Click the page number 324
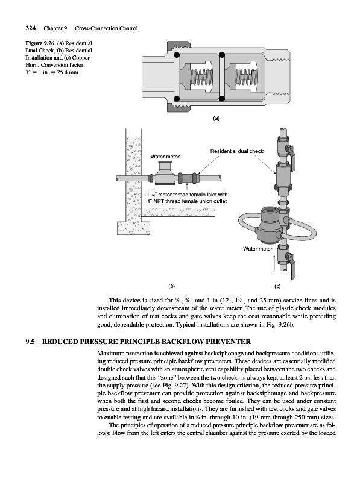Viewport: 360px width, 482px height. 31,28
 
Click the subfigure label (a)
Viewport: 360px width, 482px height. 216,118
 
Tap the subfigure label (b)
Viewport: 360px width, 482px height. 171,287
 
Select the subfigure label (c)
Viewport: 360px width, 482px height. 277,287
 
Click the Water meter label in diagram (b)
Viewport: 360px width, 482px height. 165,157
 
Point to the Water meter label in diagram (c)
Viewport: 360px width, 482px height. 257,249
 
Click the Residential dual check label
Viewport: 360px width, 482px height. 237,151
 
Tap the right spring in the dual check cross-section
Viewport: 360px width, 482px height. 244,77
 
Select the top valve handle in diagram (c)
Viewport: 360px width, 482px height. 291,155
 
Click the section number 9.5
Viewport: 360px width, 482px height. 30,342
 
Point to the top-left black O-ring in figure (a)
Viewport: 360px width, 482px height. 177,55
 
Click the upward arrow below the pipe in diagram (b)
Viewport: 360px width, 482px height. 187,187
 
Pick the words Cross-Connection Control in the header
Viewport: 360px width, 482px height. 106,28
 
